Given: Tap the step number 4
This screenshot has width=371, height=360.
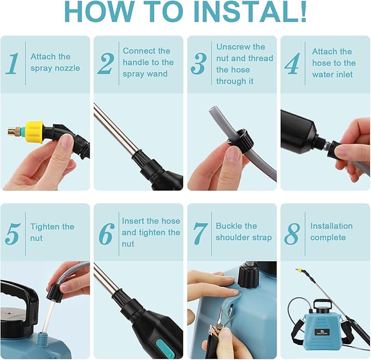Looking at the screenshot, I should (x=292, y=63).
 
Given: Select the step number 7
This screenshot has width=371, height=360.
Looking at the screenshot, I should (x=200, y=233).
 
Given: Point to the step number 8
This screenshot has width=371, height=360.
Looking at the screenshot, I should (x=292, y=233).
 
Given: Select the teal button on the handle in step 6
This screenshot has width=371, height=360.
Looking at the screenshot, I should (x=161, y=344).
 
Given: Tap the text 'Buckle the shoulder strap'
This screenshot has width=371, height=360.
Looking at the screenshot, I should (x=243, y=232).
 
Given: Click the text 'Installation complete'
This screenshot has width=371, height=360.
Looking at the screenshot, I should (x=331, y=232).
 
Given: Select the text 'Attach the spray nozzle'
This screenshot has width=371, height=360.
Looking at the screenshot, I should (x=55, y=62).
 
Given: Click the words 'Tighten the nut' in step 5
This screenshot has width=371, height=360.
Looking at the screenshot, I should (x=52, y=232).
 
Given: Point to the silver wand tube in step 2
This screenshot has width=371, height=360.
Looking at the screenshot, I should (x=113, y=128).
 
